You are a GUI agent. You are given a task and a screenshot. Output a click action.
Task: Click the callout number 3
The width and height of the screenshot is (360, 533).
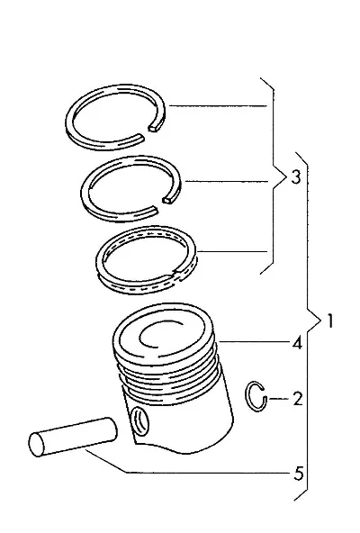[x=296, y=177]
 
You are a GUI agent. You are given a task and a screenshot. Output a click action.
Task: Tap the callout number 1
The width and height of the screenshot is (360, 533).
[x=329, y=321]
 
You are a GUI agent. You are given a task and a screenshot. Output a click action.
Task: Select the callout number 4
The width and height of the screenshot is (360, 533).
[x=297, y=343]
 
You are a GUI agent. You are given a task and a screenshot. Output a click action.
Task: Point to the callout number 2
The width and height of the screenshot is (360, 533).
[x=298, y=399]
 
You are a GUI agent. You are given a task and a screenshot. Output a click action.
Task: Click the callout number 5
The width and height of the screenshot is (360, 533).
[x=298, y=474]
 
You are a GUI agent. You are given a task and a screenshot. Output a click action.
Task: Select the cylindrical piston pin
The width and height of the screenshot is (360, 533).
[x=73, y=438]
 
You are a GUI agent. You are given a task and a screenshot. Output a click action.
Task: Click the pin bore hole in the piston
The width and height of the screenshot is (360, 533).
[x=140, y=422]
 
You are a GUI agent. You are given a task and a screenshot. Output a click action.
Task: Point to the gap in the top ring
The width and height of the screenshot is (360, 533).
[x=147, y=131]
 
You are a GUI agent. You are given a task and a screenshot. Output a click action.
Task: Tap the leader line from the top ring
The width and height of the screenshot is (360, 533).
[x=218, y=106]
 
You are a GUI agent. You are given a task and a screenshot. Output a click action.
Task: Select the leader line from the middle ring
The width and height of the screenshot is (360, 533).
[x=227, y=181]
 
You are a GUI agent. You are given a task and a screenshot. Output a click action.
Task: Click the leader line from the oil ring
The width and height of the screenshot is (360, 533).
[x=232, y=251]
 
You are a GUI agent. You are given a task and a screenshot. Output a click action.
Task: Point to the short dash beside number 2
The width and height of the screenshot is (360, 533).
[x=279, y=398]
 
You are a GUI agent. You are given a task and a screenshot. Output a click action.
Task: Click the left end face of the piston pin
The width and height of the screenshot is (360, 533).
[x=36, y=444]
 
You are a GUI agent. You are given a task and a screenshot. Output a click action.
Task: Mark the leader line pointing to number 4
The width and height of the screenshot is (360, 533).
[x=255, y=341]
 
